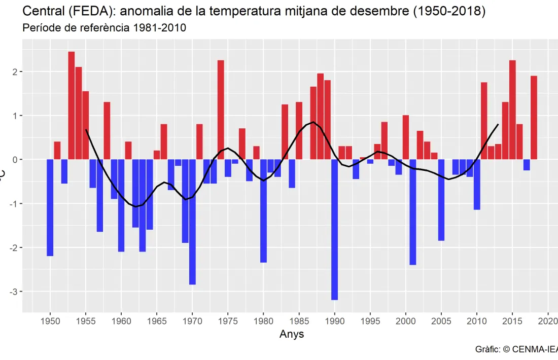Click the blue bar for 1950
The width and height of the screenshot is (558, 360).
coord(50,207)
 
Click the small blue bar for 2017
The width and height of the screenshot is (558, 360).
coord(527,165)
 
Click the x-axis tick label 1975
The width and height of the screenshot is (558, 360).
coord(228,321)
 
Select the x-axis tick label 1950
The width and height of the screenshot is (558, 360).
coord(50,321)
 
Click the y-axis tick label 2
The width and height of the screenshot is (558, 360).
coord(16,72)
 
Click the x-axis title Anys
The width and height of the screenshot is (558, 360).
coord(292,334)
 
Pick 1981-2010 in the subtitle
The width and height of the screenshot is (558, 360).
coord(159,28)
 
